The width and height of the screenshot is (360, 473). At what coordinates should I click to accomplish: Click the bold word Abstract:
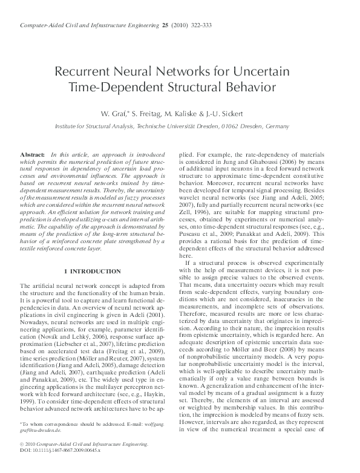point(33,156)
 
